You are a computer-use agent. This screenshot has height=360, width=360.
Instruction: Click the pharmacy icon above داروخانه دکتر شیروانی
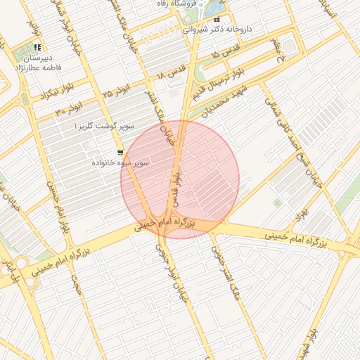[217, 19]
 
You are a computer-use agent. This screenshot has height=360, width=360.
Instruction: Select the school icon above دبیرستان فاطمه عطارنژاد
[36, 48]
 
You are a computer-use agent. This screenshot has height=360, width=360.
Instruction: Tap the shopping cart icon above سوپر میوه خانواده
[121, 152]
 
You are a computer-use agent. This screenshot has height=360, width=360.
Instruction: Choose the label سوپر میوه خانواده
[120, 162]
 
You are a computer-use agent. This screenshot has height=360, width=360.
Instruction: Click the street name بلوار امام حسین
[57, 207]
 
